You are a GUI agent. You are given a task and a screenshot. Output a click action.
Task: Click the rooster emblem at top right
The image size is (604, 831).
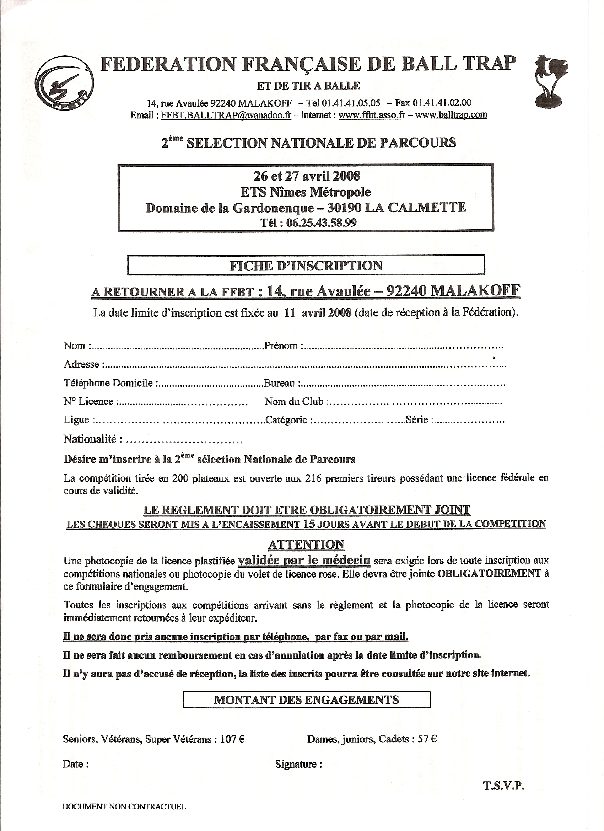(x=550, y=81)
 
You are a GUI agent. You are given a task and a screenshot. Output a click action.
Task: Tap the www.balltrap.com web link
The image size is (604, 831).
(x=451, y=115)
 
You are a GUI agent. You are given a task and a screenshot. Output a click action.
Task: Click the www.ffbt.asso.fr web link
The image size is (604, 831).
(x=371, y=115)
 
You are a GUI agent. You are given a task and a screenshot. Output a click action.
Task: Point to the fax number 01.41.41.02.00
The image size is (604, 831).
(x=442, y=103)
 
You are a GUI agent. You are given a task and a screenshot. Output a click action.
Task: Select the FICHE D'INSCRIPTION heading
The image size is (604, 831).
(x=306, y=265)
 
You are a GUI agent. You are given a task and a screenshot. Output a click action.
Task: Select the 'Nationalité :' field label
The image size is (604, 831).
(x=93, y=439)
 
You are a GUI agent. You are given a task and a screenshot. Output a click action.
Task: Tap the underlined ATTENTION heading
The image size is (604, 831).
(x=306, y=545)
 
